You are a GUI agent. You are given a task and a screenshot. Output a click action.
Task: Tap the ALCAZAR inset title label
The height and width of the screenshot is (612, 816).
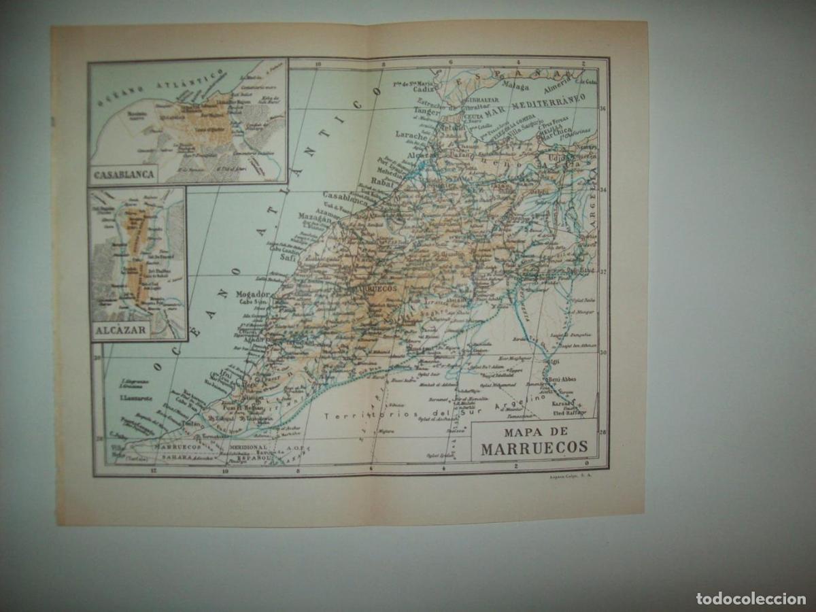[x=120, y=332]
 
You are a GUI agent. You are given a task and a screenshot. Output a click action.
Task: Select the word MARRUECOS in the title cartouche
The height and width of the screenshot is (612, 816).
[x=534, y=448]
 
